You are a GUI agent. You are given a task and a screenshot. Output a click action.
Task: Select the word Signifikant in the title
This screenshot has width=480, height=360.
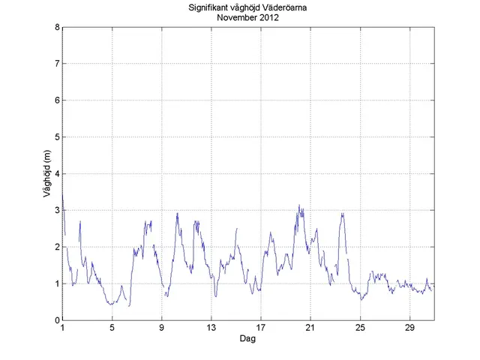pos(211,8)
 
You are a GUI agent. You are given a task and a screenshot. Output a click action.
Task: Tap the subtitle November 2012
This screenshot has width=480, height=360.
pos(247,19)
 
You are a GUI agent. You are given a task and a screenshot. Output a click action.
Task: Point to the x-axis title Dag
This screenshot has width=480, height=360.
pos(247,339)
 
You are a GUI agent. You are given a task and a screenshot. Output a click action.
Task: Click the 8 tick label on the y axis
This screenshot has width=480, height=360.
pos(57,27)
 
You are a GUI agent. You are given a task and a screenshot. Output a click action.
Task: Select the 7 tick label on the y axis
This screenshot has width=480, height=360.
pos(57,64)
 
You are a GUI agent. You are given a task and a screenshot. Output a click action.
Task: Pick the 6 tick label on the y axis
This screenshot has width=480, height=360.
pos(57,100)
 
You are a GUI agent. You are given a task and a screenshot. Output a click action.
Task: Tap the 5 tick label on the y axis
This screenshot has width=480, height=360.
pos(57,137)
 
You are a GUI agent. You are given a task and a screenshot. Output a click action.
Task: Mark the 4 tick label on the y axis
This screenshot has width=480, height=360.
pos(57,174)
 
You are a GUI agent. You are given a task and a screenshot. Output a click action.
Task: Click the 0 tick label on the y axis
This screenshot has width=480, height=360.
pos(57,320)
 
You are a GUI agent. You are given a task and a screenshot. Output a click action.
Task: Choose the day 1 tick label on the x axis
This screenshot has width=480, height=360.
pos(62,328)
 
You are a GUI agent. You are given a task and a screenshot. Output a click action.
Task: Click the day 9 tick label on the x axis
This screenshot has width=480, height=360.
pos(161,328)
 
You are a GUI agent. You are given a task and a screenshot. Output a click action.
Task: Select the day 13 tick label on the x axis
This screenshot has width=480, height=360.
pos(211,328)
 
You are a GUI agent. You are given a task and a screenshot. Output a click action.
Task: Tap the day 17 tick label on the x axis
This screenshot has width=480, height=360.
pos(260,328)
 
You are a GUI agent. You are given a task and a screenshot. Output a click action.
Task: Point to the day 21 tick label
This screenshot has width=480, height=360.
pos(310,328)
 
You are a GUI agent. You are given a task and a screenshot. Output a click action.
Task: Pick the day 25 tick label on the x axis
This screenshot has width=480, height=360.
pos(359,328)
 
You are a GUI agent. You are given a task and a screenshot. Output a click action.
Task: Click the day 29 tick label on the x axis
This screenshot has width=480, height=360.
pos(409,328)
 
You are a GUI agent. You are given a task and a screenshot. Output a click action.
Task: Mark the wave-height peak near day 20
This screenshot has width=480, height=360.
pos(299,205)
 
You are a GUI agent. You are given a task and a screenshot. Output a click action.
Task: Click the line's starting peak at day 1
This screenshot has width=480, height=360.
pos(63,196)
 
